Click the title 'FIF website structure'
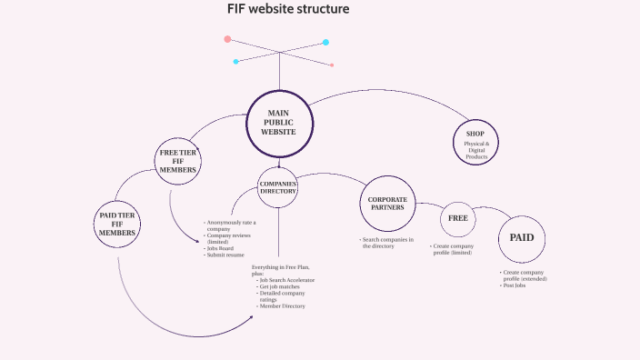click(x=287, y=9)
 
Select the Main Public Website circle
click(x=279, y=123)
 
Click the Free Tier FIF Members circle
click(x=178, y=161)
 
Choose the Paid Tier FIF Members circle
click(x=117, y=224)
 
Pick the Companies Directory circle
click(x=279, y=187)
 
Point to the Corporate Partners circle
click(x=387, y=203)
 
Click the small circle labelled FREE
click(x=456, y=219)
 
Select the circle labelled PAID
click(x=522, y=238)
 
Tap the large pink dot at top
click(x=227, y=39)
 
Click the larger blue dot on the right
click(x=325, y=42)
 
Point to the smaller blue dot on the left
click(x=235, y=62)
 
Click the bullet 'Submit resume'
click(x=225, y=255)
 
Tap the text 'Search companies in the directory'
click(x=387, y=243)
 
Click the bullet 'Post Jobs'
click(x=515, y=285)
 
